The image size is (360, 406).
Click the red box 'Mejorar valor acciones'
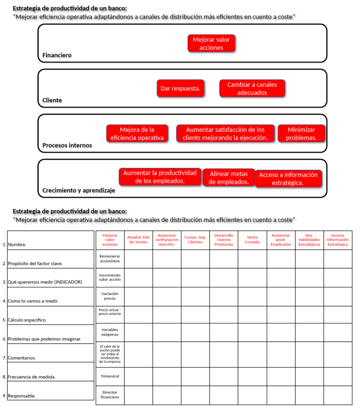pyautogui.click(x=211, y=44)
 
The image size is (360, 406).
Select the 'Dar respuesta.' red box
pyautogui.click(x=180, y=88)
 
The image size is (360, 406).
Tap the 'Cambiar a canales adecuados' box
pyautogui.click(x=252, y=89)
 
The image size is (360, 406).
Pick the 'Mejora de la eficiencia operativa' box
pyautogui.click(x=137, y=134)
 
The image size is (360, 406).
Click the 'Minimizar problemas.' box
pyautogui.click(x=301, y=134)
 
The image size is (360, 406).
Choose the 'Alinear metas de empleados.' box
pyautogui.click(x=229, y=178)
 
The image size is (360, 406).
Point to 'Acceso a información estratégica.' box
pyautogui.click(x=288, y=179)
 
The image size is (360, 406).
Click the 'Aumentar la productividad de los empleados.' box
pyautogui.click(x=160, y=177)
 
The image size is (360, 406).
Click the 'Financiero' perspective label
pyautogui.click(x=57, y=55)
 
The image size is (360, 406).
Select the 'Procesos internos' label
pyautogui.click(x=67, y=145)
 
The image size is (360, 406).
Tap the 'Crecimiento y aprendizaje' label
pyautogui.click(x=79, y=190)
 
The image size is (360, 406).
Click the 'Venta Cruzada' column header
pyautogui.click(x=252, y=240)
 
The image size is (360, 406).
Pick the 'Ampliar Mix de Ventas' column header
pyautogui.click(x=138, y=240)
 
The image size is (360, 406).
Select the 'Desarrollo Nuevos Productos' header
pyautogui.click(x=224, y=240)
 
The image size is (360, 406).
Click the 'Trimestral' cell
pyautogui.click(x=110, y=376)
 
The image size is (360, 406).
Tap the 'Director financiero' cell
pyautogui.click(x=110, y=395)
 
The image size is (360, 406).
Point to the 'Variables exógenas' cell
pyautogui.click(x=110, y=332)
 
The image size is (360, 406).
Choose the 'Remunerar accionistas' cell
pyautogui.click(x=110, y=258)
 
